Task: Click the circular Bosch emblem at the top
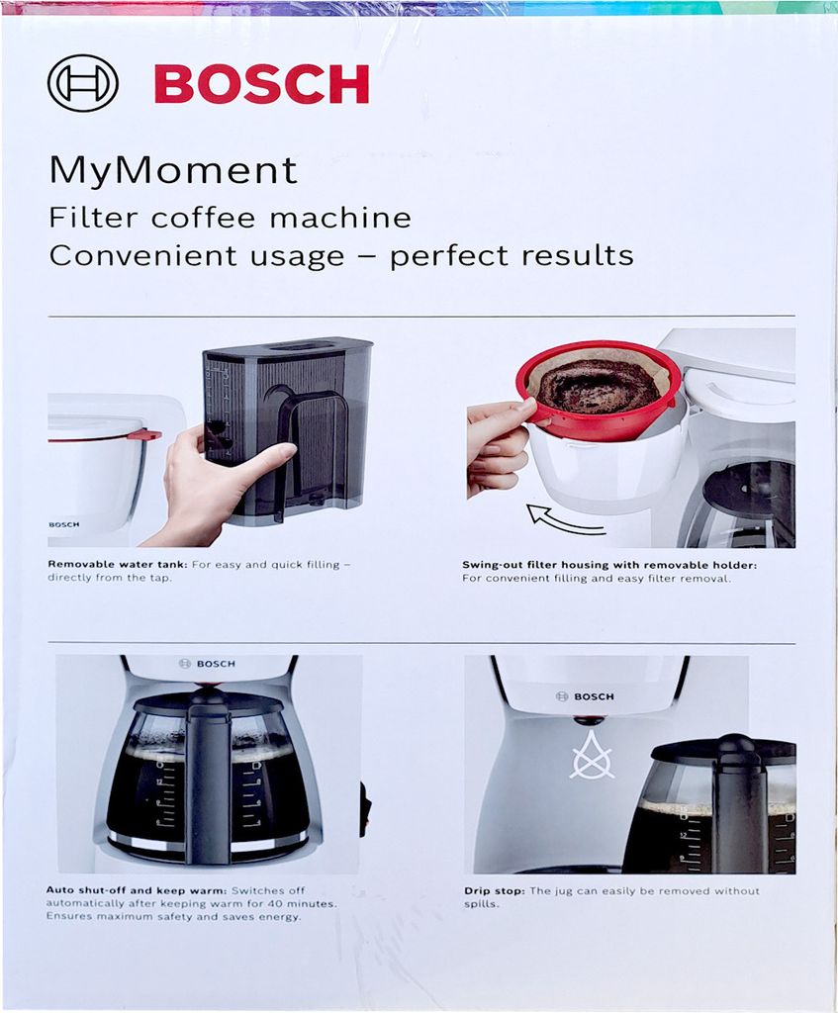coord(83,83)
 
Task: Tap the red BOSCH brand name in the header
coord(261,84)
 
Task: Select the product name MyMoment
coord(172,171)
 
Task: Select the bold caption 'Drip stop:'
coord(495,891)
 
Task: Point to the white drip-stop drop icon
coord(592,756)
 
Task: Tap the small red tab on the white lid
coord(144,434)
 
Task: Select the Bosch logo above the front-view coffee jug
coord(208,664)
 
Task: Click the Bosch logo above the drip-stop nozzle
coord(585,696)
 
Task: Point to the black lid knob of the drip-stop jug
coord(736,742)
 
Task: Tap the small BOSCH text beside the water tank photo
coord(64,524)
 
